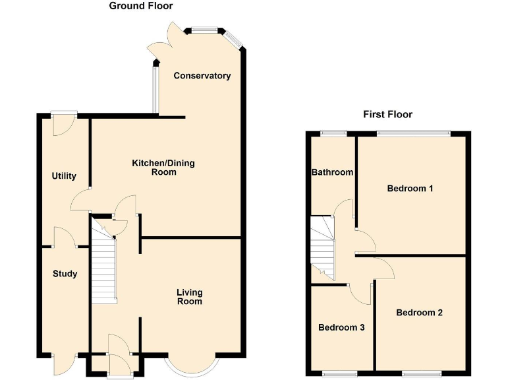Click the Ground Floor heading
pos(141,7)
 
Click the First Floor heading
pos(387,114)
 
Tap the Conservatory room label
pos(202,76)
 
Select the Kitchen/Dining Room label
pos(163,168)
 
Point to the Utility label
pos(64,176)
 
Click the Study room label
pos(65,274)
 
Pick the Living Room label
pos(189,297)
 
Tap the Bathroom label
pos(333,172)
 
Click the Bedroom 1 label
pos(410,189)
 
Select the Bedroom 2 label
pos(419,313)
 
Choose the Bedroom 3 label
pos(341,327)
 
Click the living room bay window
pos(191,367)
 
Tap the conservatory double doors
pos(162,41)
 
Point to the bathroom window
pos(334,134)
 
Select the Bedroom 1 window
pos(414,134)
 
